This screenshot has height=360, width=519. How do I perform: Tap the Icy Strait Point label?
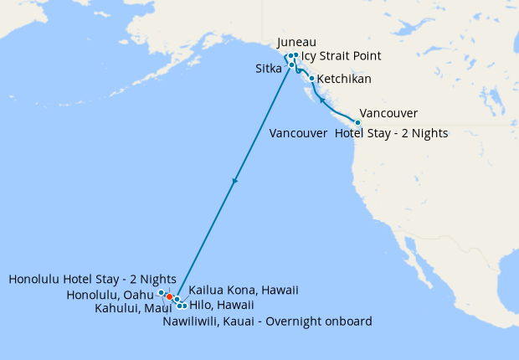341,56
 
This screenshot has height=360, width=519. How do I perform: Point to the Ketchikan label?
345,80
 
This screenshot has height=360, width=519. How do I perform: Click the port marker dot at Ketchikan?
312,79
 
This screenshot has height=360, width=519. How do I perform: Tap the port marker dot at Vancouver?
358,122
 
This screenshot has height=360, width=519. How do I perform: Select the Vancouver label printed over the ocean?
298,133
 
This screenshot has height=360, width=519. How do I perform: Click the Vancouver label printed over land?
388,114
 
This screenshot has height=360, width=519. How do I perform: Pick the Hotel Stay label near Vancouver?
391,133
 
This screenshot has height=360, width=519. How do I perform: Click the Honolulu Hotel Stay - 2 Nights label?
92,279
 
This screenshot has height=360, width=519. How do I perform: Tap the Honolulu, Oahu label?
110,295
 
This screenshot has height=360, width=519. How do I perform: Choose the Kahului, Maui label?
134,308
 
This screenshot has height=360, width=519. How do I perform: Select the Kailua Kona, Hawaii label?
244,291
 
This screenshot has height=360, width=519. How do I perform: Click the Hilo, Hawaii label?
222,306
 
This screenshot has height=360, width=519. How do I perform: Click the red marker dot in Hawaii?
169,296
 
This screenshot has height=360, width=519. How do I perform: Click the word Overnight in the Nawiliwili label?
295,321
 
